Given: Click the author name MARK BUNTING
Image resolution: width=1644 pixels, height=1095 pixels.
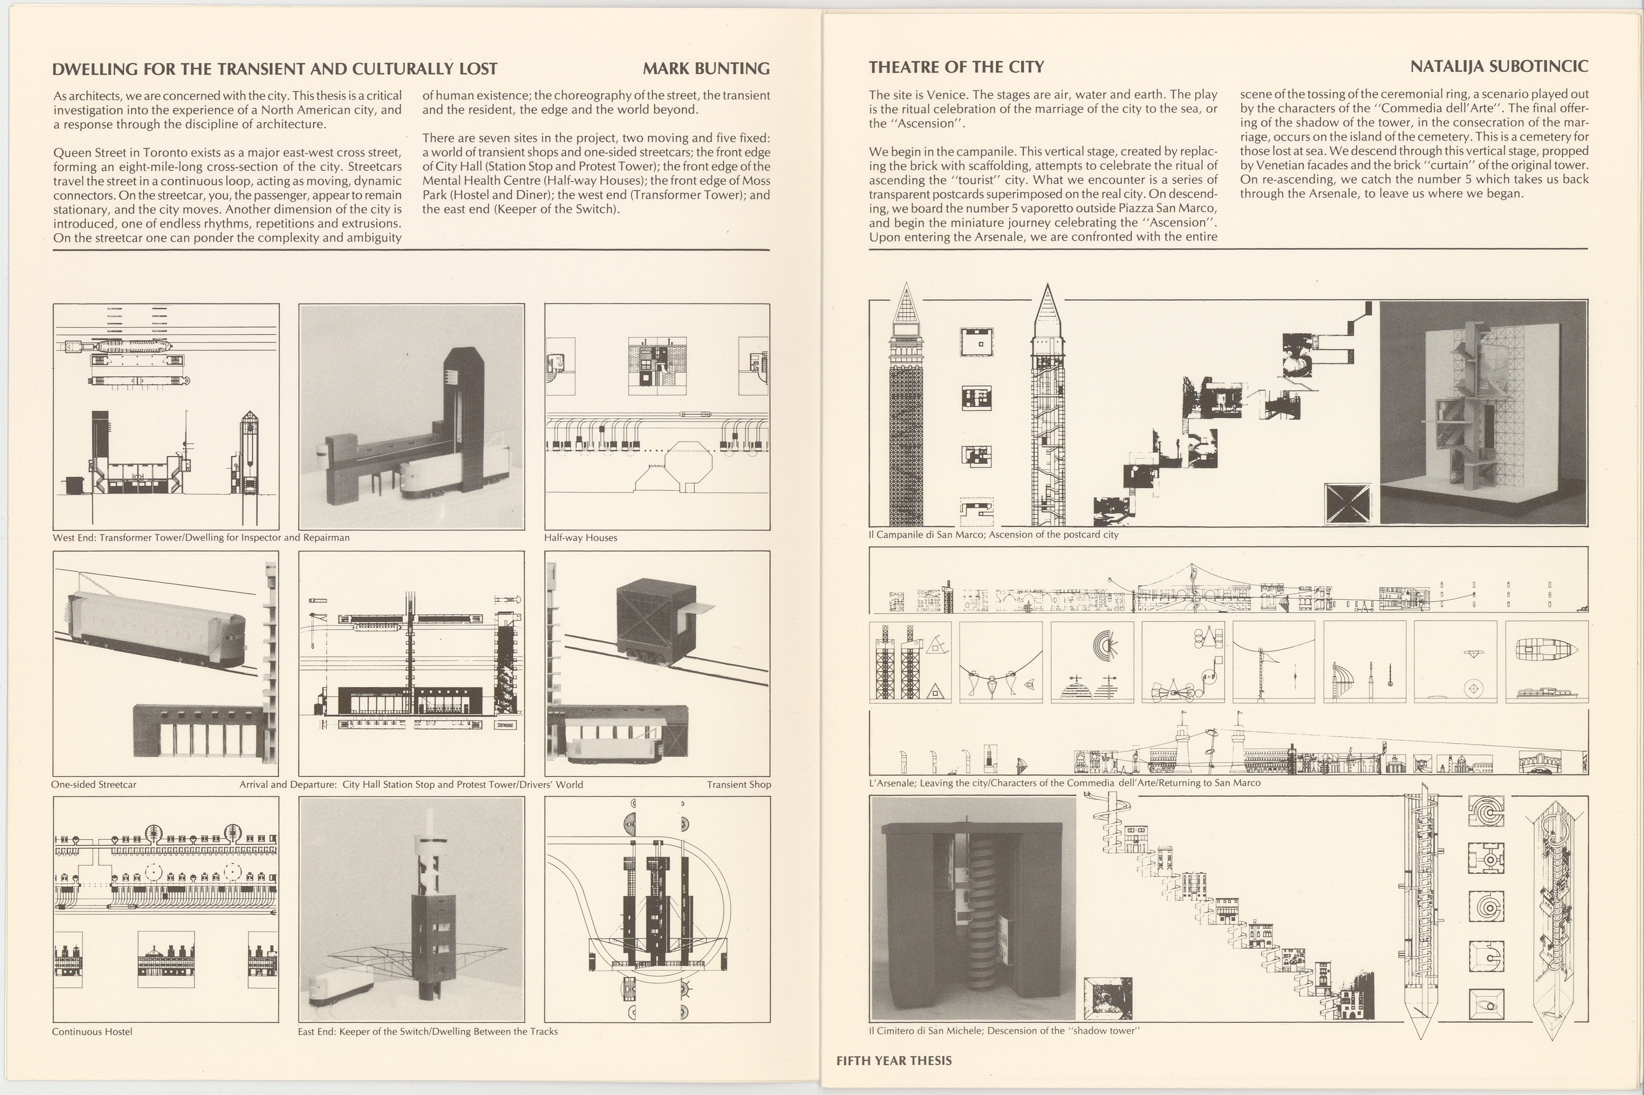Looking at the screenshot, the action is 706,69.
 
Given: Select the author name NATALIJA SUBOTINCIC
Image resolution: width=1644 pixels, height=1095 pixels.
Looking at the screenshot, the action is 1499,67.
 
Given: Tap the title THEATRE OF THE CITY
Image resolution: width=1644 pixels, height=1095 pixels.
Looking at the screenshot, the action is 956,67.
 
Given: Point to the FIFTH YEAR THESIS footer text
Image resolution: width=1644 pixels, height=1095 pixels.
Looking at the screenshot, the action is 894,1060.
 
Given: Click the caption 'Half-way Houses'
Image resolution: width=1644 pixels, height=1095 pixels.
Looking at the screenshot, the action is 580,538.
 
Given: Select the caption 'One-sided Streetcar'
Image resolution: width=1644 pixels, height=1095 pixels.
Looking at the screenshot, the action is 94,784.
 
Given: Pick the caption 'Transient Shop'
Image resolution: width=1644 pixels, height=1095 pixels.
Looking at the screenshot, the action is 739,784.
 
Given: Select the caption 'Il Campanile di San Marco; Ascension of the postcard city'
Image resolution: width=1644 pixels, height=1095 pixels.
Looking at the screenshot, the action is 993,534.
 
